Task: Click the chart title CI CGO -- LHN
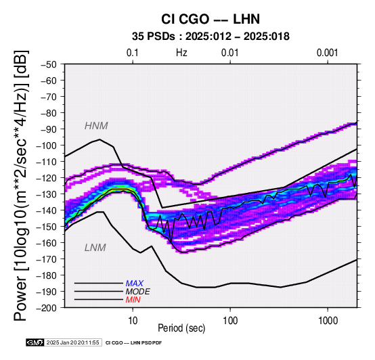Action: (x=211, y=19)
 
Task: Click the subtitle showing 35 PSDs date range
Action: (x=211, y=37)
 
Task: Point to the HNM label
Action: (x=96, y=126)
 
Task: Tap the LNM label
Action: (x=95, y=248)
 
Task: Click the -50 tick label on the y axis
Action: (x=49, y=64)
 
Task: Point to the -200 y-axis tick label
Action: (x=47, y=308)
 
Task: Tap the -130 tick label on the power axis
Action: (x=47, y=194)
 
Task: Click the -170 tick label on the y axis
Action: (x=47, y=259)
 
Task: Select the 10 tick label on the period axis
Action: (x=133, y=321)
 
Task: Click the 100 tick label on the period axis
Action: (x=230, y=321)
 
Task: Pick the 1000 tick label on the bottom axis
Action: (x=328, y=321)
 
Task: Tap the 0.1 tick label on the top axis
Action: (x=133, y=53)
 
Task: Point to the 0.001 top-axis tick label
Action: (x=327, y=53)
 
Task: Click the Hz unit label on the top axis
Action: (x=181, y=53)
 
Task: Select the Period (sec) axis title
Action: (x=181, y=328)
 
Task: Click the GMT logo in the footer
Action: (x=35, y=342)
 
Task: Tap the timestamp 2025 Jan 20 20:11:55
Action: (x=72, y=342)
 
